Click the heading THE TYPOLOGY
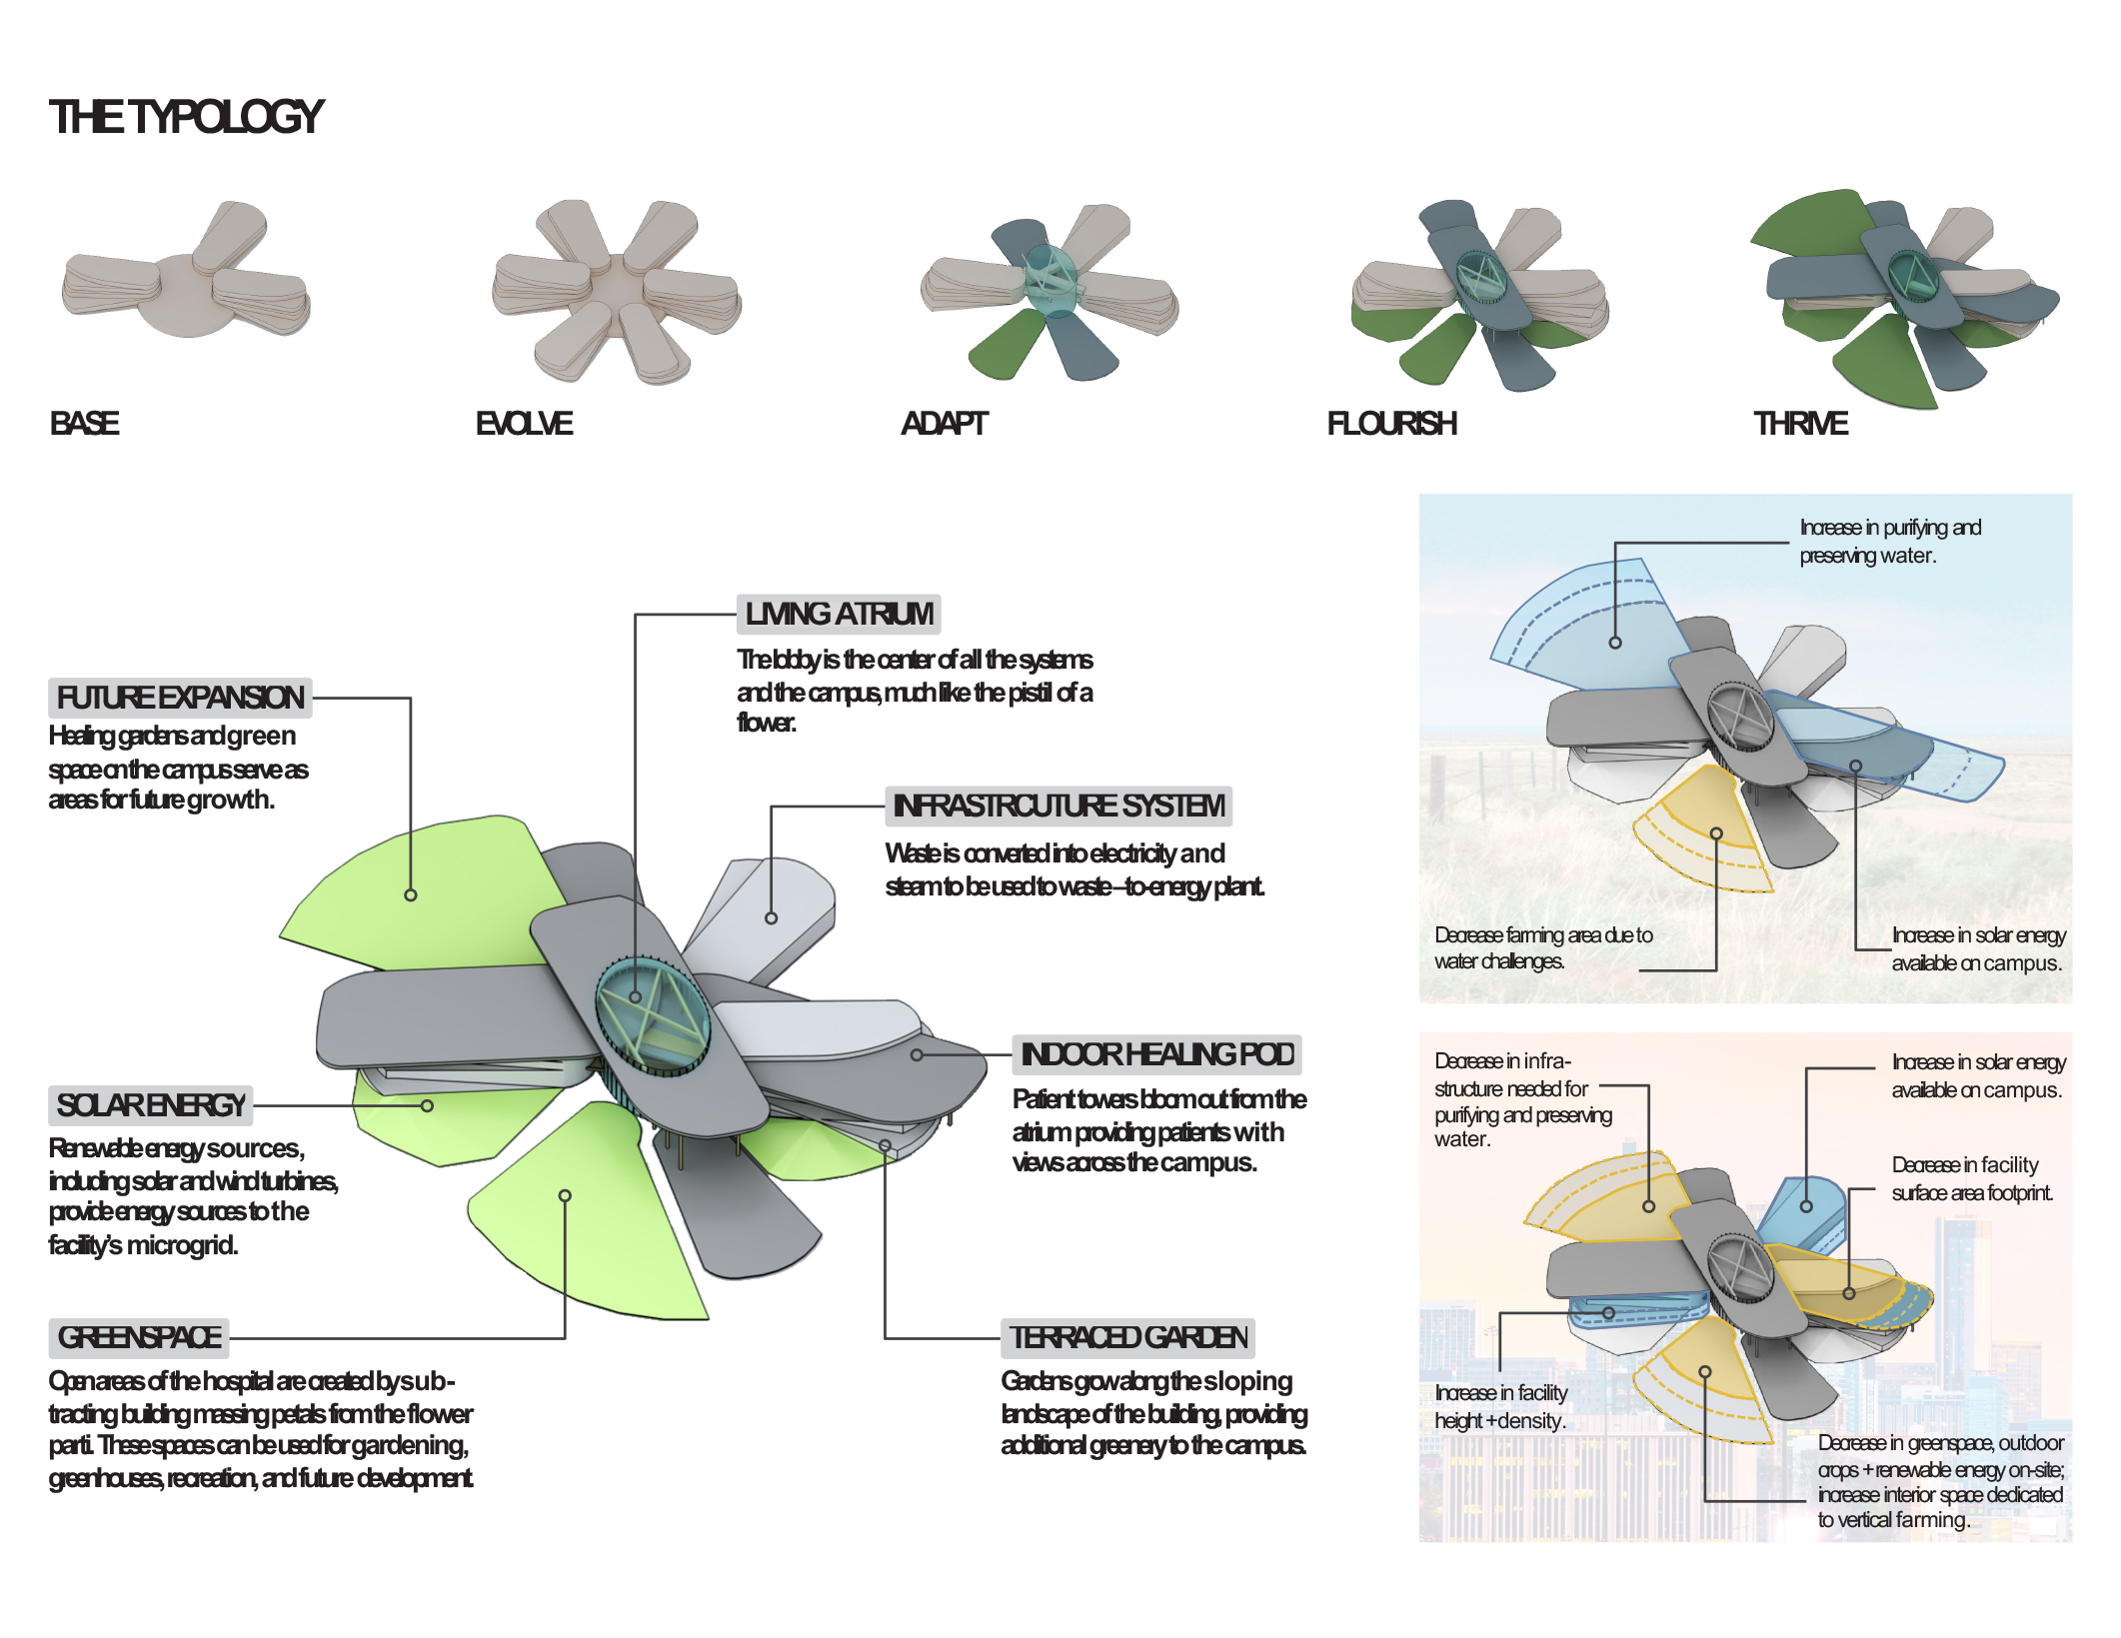tap(186, 117)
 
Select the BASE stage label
tap(85, 424)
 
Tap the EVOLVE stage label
tap(524, 424)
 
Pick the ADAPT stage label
tap(944, 424)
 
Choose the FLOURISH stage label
tap(1391, 424)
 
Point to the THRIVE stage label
tap(1800, 424)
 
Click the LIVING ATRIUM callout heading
tap(839, 614)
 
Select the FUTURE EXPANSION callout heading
tap(180, 698)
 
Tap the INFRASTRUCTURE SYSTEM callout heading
tap(1058, 806)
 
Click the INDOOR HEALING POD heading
tap(1156, 1054)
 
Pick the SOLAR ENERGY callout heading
tap(151, 1105)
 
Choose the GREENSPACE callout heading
tap(139, 1337)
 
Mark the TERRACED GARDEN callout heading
tap(1127, 1337)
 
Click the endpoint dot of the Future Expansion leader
tap(411, 895)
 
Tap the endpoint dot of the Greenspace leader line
tap(565, 1195)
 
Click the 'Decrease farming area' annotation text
tap(1542, 947)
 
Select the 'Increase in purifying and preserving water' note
tap(1889, 541)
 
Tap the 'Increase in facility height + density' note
tap(1500, 1406)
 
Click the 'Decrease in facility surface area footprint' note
tap(1971, 1178)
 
